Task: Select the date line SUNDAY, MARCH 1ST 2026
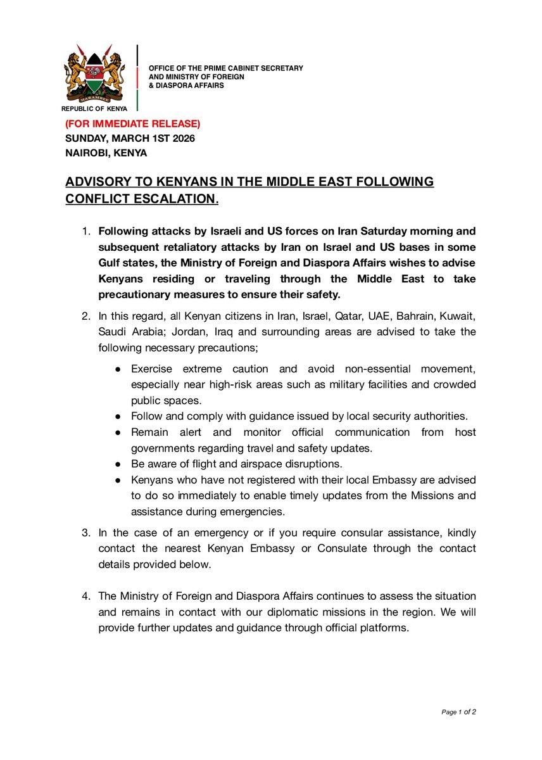pos(130,138)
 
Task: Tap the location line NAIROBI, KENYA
pos(106,153)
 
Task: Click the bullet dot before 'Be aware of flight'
pos(118,464)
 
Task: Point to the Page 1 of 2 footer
pos(458,712)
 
